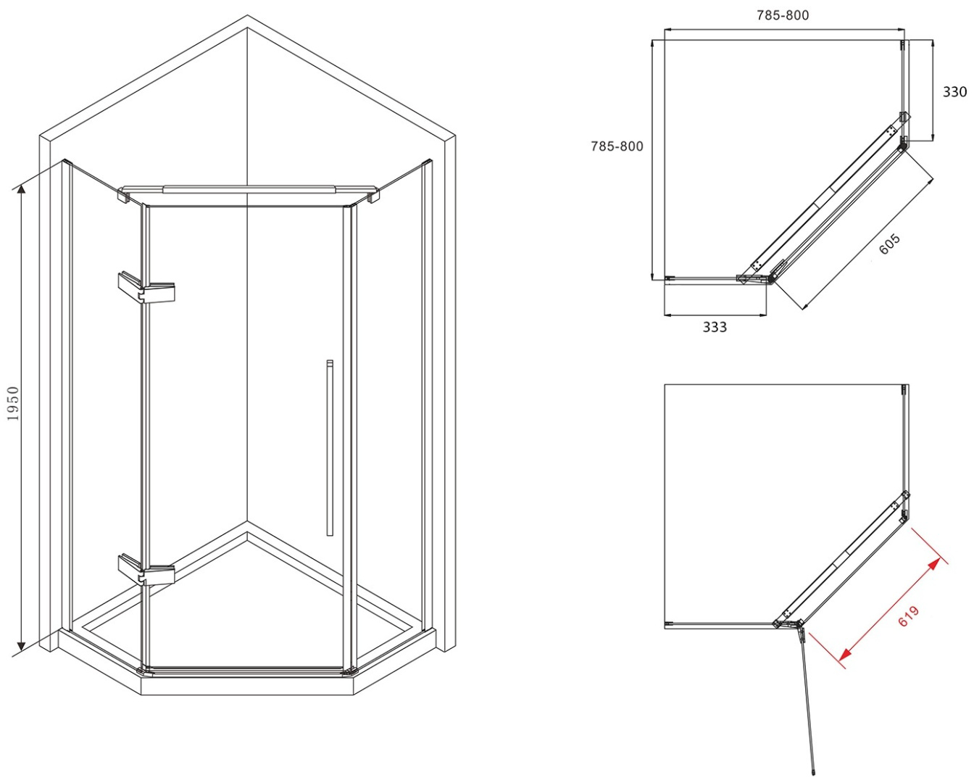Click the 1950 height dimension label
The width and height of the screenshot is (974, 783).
point(14,403)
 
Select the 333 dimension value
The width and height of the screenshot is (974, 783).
point(715,327)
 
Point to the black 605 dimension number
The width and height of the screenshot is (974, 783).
point(889,244)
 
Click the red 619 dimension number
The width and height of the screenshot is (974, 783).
point(908,616)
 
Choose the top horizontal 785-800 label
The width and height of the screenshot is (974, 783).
point(783,15)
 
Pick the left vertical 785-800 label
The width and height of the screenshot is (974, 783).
point(617,146)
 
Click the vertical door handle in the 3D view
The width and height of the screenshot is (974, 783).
point(330,448)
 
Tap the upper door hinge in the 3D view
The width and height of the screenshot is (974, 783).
point(146,287)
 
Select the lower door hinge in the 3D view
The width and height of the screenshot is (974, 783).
point(146,570)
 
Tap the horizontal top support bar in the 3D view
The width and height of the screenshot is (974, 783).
point(248,189)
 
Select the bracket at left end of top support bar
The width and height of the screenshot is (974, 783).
point(123,195)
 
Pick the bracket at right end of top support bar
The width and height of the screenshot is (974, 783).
point(373,196)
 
